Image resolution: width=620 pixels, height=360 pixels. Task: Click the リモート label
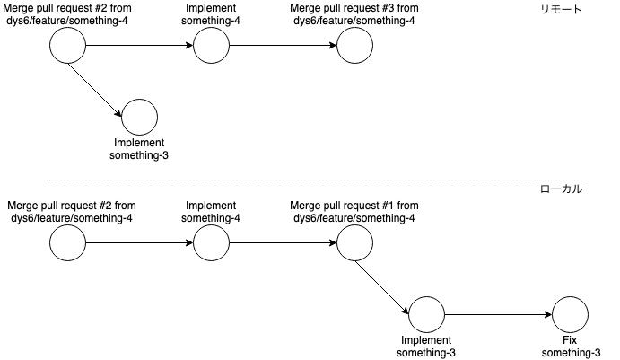[562, 10]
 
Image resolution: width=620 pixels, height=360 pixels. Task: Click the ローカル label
[562, 189]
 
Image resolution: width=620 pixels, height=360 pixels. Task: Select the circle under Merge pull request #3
[354, 46]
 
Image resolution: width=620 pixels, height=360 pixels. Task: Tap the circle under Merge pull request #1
[354, 242]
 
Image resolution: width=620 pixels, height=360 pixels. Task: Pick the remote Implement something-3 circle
[139, 118]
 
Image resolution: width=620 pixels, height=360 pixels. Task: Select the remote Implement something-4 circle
[211, 46]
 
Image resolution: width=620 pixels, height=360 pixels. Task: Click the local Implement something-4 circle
[211, 242]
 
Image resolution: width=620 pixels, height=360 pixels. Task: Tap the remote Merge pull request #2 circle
[67, 46]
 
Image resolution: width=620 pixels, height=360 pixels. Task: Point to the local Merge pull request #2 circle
[67, 242]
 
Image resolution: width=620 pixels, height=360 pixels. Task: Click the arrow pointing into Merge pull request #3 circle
[283, 46]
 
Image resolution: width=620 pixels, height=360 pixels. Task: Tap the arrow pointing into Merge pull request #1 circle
[283, 242]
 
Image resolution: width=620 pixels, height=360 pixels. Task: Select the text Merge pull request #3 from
[354, 8]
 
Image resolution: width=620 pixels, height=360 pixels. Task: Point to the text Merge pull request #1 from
[354, 206]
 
